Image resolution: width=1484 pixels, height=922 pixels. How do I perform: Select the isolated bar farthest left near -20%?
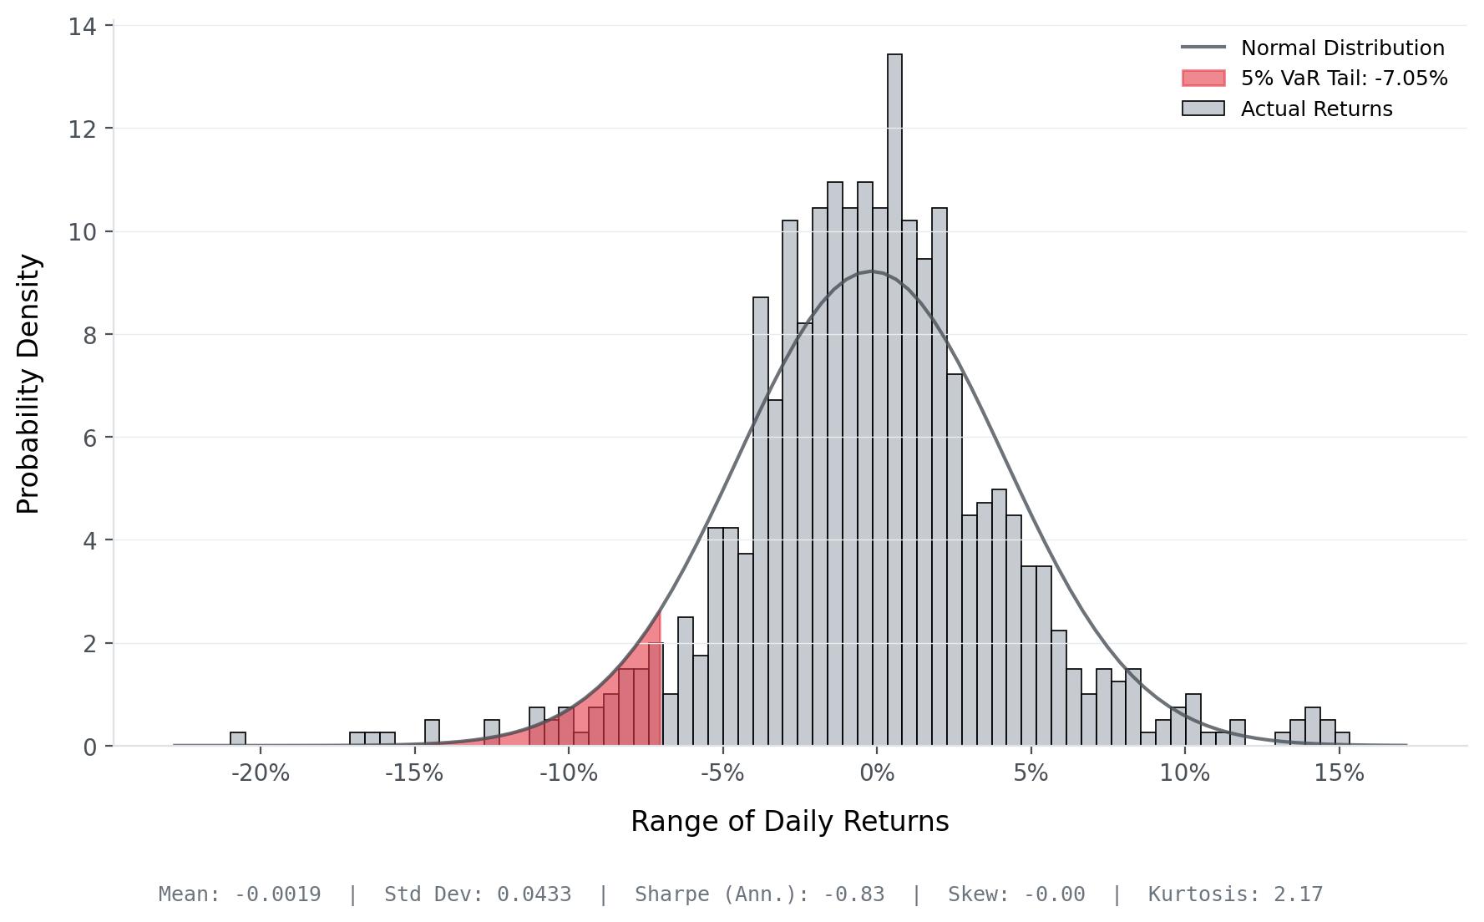tap(238, 739)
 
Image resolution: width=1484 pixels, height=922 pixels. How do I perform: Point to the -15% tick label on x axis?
tap(414, 773)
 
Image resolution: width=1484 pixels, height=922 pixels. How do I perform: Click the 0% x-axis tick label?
tap(877, 773)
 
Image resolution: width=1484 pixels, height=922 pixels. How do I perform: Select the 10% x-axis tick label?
tap(1184, 773)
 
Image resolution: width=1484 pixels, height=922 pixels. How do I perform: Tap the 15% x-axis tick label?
tap(1339, 773)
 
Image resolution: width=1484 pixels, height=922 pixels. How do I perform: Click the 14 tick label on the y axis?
tap(82, 27)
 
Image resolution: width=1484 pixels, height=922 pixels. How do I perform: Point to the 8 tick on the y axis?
tap(89, 335)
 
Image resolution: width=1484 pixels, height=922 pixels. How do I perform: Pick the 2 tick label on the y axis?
tap(89, 644)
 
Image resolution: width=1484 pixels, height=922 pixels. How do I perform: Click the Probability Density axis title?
tap(28, 384)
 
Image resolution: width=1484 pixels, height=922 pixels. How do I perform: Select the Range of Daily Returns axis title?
tap(789, 822)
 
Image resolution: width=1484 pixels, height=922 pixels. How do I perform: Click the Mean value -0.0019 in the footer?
tap(277, 894)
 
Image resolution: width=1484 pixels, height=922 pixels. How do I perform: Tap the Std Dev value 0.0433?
tap(534, 894)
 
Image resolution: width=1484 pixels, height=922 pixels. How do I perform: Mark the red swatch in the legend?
tap(1203, 79)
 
